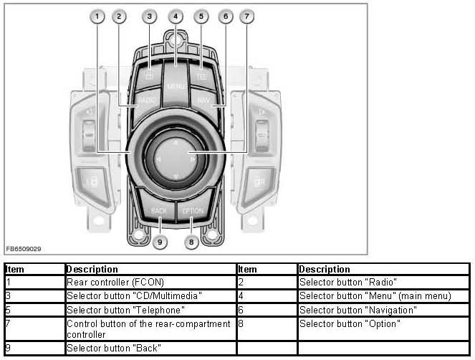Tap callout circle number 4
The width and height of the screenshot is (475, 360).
(x=176, y=16)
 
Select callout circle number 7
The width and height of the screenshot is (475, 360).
(x=246, y=16)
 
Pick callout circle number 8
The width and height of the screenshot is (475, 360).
(x=191, y=242)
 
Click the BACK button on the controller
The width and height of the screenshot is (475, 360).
(x=159, y=211)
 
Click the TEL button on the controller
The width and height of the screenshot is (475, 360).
(x=201, y=75)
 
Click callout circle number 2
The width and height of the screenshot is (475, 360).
(x=119, y=16)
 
